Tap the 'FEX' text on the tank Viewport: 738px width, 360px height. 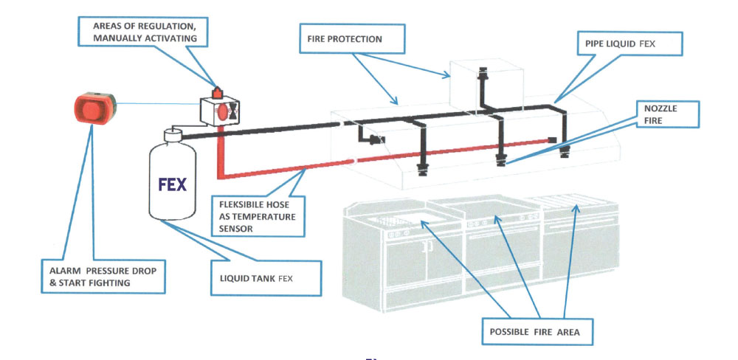click(x=173, y=183)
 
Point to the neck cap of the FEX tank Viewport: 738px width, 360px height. click(x=172, y=134)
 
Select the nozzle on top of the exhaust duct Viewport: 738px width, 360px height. click(x=484, y=74)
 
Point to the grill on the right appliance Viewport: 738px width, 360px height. click(x=573, y=210)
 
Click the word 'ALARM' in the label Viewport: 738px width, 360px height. click(x=58, y=269)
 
